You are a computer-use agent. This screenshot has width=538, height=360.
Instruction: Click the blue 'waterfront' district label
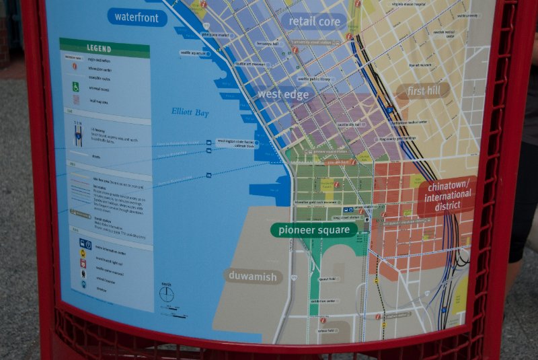click(137, 17)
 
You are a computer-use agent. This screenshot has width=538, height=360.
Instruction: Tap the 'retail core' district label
click(314, 22)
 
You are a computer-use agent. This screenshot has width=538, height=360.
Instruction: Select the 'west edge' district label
click(283, 95)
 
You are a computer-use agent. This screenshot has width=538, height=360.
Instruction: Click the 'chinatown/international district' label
click(447, 196)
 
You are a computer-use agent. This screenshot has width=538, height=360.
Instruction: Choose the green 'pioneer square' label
click(313, 230)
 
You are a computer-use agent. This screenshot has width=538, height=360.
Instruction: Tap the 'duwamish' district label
click(253, 276)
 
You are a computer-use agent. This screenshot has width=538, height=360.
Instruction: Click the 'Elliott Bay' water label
click(190, 113)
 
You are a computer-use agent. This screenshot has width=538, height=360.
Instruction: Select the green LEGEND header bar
click(104, 48)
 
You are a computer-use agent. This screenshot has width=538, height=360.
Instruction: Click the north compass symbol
click(166, 294)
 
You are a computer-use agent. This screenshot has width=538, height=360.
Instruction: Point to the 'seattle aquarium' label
click(193, 52)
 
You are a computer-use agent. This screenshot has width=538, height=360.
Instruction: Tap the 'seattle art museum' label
click(250, 65)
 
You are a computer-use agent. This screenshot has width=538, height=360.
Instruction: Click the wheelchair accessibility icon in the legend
click(76, 86)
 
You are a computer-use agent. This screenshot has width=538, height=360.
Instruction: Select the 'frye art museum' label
click(420, 65)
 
